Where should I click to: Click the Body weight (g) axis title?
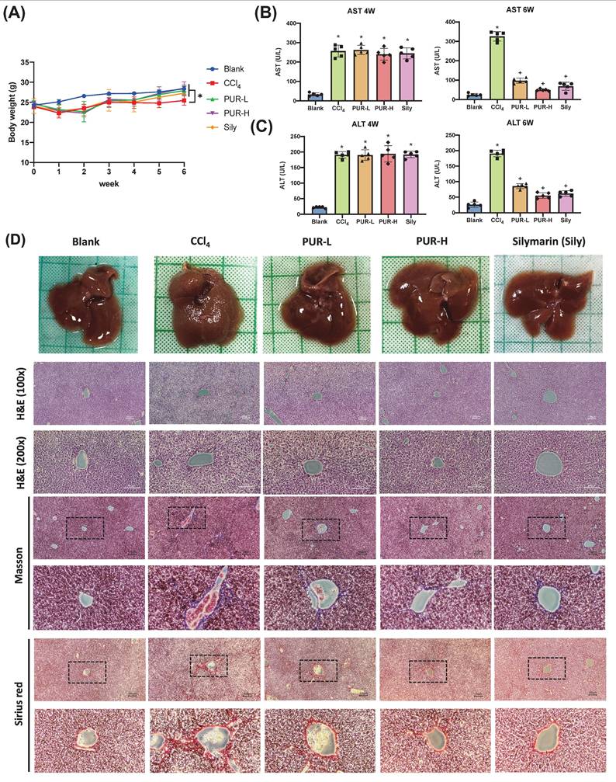coord(12,113)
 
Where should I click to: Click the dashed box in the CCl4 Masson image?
coord(187,518)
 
